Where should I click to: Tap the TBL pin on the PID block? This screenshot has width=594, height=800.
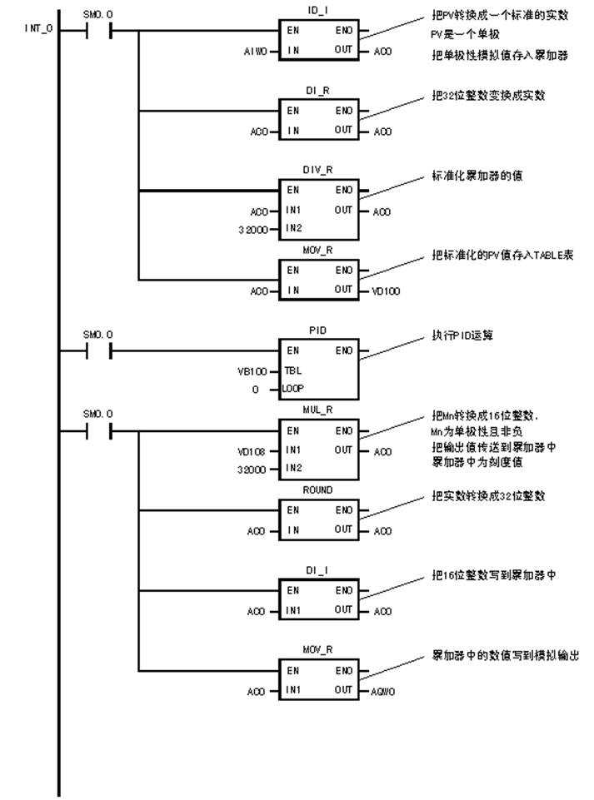coord(294,371)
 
